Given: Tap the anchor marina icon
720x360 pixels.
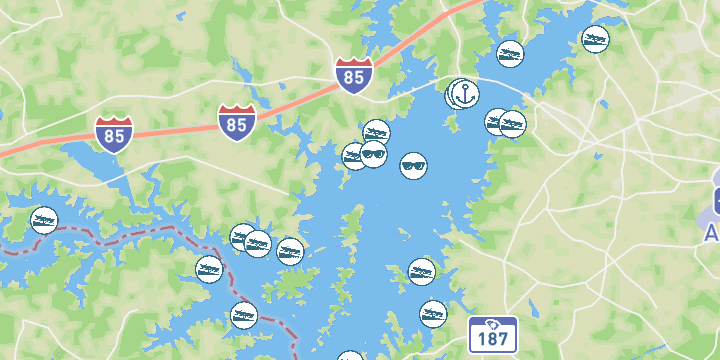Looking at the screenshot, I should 464,94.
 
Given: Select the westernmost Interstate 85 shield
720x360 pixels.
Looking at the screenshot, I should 115,133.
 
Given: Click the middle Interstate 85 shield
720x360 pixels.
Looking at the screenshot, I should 237,120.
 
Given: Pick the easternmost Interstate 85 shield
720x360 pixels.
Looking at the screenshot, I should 354,75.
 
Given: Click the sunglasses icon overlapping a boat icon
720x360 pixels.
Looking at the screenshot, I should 374,154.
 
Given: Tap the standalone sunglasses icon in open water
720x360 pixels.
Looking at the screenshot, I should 414,165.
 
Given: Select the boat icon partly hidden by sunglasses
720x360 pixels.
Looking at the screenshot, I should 353,156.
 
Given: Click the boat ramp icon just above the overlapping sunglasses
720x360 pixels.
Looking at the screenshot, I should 376,132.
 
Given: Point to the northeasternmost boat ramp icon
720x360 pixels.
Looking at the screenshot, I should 596,40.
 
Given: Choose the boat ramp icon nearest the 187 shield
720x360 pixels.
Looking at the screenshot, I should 433,313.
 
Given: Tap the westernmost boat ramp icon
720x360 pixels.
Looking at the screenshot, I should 44,220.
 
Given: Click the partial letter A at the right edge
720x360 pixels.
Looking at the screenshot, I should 712,233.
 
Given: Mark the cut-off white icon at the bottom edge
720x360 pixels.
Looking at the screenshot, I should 350,356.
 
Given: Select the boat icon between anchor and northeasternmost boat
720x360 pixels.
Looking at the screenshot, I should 510,53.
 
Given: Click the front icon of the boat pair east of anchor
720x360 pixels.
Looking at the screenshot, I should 513,125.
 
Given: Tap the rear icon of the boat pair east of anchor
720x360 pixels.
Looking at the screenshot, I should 496,121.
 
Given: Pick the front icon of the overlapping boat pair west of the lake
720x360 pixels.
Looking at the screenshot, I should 258,243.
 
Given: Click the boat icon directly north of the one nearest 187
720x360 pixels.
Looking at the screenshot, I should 422,271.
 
